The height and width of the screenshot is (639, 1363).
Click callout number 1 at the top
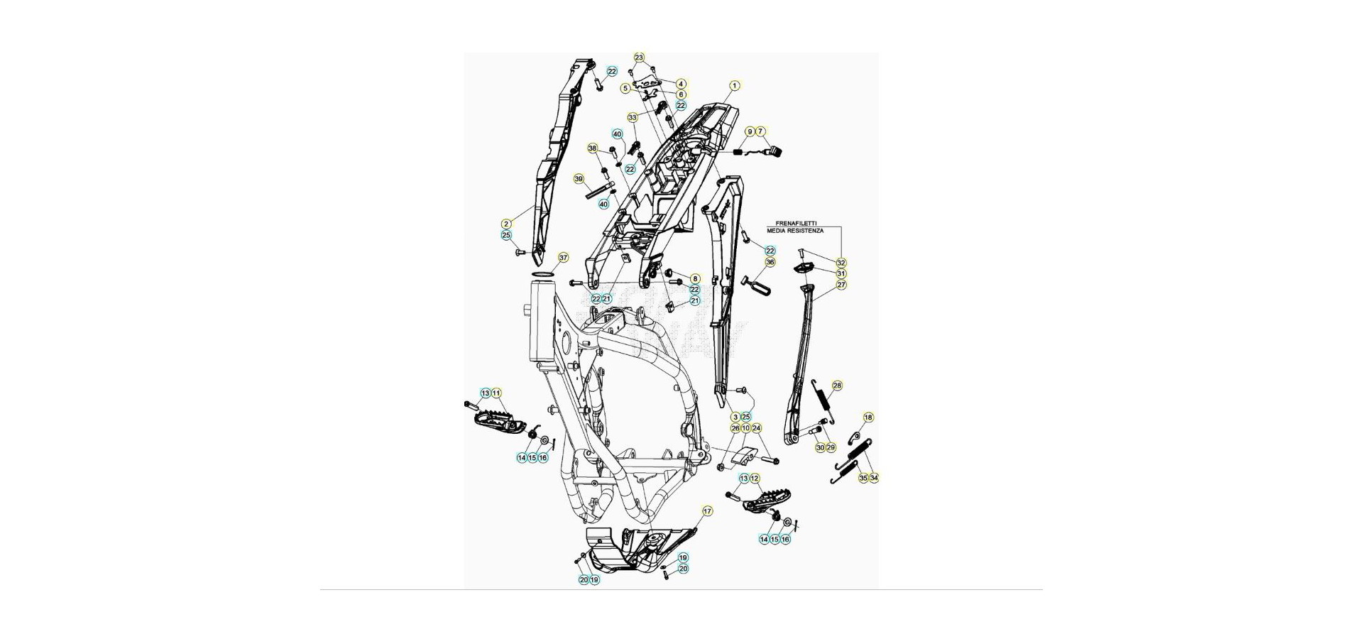click(735, 86)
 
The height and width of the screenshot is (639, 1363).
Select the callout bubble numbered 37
click(563, 258)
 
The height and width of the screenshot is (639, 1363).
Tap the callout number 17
click(707, 511)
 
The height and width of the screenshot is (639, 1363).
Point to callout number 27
click(841, 285)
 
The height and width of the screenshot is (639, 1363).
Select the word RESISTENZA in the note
click(805, 231)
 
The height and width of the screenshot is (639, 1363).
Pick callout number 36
click(770, 262)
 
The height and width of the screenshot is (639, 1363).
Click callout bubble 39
click(579, 179)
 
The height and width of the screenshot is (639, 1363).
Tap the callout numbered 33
click(633, 117)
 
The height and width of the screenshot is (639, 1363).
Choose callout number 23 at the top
click(639, 58)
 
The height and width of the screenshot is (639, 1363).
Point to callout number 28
click(837, 386)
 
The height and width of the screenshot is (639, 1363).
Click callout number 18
click(868, 417)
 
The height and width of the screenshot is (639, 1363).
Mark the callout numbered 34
click(874, 478)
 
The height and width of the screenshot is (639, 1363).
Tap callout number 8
click(695, 279)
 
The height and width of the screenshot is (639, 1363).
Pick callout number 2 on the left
click(506, 224)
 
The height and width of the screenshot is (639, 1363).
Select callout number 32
click(841, 263)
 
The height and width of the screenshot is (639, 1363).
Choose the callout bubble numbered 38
click(592, 148)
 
